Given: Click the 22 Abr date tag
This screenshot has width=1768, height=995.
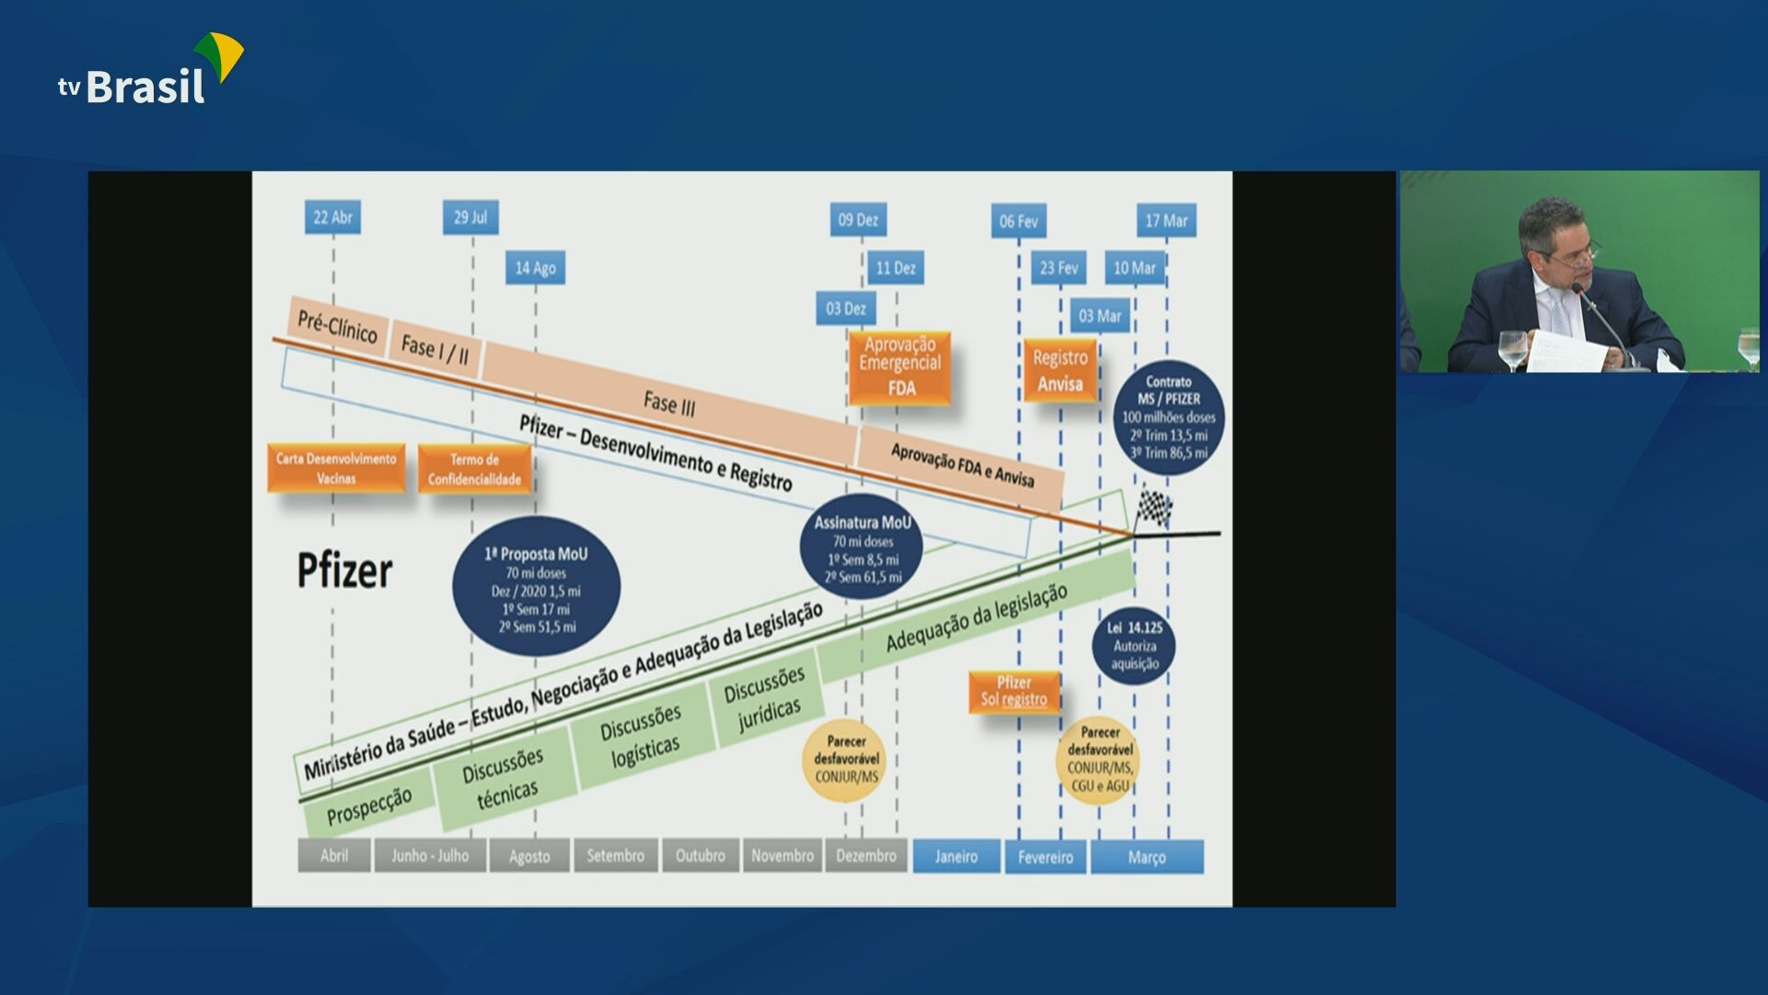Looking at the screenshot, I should click(332, 217).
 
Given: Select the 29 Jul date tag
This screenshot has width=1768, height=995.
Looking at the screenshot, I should click(471, 217).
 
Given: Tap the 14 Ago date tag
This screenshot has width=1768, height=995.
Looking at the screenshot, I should click(535, 268).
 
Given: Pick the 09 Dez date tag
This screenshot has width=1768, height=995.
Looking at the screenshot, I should click(857, 220).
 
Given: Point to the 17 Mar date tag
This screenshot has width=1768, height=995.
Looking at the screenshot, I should click(1166, 221).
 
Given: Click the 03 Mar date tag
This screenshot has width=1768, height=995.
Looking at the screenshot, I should click(1099, 316).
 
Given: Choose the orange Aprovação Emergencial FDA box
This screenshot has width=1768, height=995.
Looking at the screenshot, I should click(900, 367).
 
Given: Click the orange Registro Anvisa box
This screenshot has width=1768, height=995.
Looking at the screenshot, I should click(1060, 370).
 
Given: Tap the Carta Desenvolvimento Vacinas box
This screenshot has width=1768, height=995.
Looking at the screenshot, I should click(336, 468).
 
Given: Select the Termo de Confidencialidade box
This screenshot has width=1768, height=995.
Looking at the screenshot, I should click(474, 469).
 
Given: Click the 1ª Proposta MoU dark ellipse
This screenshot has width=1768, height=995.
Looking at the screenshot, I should click(536, 588).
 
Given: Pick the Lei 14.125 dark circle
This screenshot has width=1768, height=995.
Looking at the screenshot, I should click(1134, 645).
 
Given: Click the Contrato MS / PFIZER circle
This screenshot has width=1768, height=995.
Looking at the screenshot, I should click(1169, 417).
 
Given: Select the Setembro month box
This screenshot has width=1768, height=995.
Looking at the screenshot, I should click(615, 856).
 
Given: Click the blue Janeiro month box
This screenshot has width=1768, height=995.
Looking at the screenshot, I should click(956, 857).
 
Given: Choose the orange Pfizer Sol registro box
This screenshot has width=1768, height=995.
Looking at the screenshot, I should click(1014, 691).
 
